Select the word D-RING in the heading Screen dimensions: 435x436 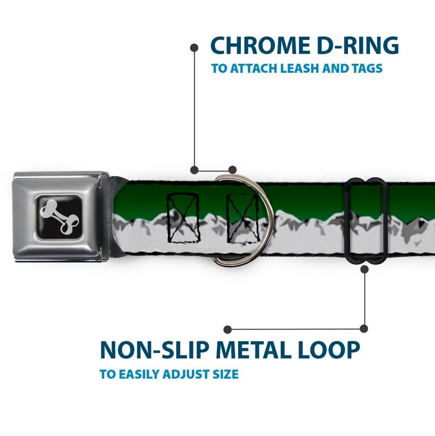coord(358,45)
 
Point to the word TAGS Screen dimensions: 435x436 coord(367,68)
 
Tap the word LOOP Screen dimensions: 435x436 coord(329,350)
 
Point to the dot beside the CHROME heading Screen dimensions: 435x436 coord(194,48)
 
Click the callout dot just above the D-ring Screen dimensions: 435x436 coord(232,170)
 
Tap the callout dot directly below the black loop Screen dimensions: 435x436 coord(364,269)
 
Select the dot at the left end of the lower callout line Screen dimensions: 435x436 coord(227,330)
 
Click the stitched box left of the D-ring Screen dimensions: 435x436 coord(183,218)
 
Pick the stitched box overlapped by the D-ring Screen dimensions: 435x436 coord(243,218)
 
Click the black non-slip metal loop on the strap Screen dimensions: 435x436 coord(365,221)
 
